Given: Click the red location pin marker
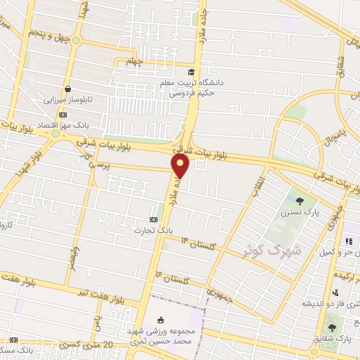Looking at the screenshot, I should [x=181, y=166].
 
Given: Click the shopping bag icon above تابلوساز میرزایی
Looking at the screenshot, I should [x=67, y=89].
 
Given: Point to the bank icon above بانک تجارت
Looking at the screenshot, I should [x=153, y=219].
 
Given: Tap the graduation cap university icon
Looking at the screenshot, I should [x=191, y=72].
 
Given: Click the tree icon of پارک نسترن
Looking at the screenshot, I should [x=300, y=201].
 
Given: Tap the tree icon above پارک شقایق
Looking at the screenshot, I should [x=332, y=328].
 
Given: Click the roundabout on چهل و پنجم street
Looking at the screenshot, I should [x=75, y=40].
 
